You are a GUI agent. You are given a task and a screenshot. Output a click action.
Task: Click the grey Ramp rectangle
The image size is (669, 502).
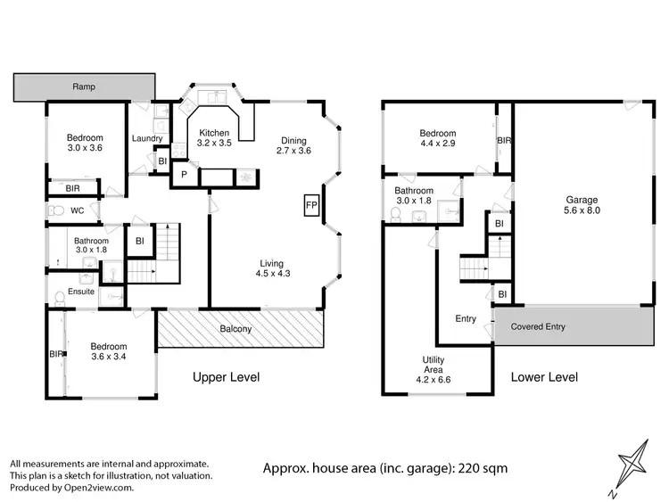[85, 87]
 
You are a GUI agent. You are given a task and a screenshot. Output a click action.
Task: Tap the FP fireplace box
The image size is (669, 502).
[311, 205]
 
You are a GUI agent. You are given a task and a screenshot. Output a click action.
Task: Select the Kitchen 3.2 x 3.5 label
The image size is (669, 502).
[214, 138]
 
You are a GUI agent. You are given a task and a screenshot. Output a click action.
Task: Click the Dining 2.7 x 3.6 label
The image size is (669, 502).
[296, 145]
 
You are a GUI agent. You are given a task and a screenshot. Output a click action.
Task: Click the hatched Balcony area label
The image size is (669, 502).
[236, 330]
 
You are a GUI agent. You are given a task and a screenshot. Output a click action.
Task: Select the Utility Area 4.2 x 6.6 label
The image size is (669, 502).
[434, 366]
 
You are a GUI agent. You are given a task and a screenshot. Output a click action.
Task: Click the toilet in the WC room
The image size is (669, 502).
[57, 211]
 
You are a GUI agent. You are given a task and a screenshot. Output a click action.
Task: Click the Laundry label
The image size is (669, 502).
[146, 139]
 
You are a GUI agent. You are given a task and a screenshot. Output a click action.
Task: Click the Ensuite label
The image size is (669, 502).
[81, 292]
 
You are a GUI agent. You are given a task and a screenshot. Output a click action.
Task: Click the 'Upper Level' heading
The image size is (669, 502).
[227, 377]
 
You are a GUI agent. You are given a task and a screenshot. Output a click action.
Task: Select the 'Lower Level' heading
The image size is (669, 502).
[544, 377]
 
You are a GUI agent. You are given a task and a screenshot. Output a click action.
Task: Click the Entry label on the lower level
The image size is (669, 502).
[466, 319]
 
